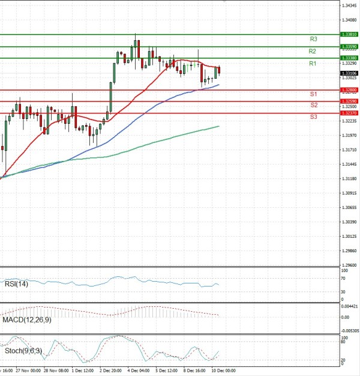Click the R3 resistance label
pyautogui.click(x=313, y=39)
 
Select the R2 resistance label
pyautogui.click(x=313, y=51)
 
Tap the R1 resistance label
pyautogui.click(x=313, y=63)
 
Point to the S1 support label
pyautogui.click(x=313, y=95)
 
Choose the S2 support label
pyautogui.click(x=314, y=105)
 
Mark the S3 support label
pyautogui.click(x=314, y=117)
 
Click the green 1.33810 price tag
pyautogui.click(x=349, y=35)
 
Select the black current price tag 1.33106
pyautogui.click(x=349, y=73)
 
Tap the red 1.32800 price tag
pyautogui.click(x=349, y=90)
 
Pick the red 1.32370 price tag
pyautogui.click(x=349, y=113)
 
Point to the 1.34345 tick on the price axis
pyautogui.click(x=349, y=5)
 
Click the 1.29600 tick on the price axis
pyautogui.click(x=349, y=265)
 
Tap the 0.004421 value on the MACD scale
pyautogui.click(x=350, y=307)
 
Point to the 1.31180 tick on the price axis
pyautogui.click(x=349, y=178)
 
